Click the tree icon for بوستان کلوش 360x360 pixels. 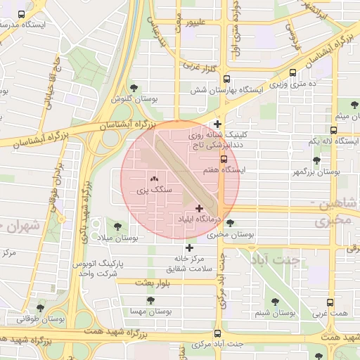point(134,87)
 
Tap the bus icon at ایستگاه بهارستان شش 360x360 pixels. point(226,79)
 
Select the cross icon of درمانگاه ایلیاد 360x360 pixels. point(200,207)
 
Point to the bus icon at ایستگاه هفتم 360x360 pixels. point(224,159)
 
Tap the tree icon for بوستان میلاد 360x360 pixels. point(117,226)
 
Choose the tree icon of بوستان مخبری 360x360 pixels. point(231,224)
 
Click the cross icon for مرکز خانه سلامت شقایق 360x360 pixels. point(189,247)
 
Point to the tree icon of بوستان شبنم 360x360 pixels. point(275,301)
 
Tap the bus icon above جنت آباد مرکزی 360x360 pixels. point(217,333)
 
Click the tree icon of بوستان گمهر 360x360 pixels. point(316,160)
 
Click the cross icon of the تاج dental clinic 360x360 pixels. point(218,124)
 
